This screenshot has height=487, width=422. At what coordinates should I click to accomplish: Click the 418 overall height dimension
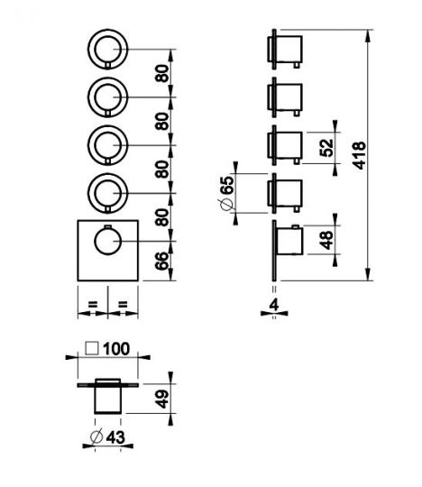[x=360, y=155]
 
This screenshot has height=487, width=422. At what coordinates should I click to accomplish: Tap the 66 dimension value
[x=162, y=262]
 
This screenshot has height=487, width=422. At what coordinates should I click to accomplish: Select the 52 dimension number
[x=326, y=148]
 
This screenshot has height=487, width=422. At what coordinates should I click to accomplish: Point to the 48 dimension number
[x=326, y=240]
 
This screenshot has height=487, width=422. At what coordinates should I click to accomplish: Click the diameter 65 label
[x=225, y=193]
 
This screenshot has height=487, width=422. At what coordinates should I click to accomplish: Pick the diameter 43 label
[x=107, y=437]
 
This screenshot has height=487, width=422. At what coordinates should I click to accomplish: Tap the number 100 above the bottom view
[x=116, y=349]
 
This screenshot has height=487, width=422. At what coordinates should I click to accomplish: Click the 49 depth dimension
[x=162, y=400]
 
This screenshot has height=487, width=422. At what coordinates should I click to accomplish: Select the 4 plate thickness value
[x=274, y=306]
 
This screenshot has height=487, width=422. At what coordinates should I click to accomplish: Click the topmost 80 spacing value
[x=162, y=73]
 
